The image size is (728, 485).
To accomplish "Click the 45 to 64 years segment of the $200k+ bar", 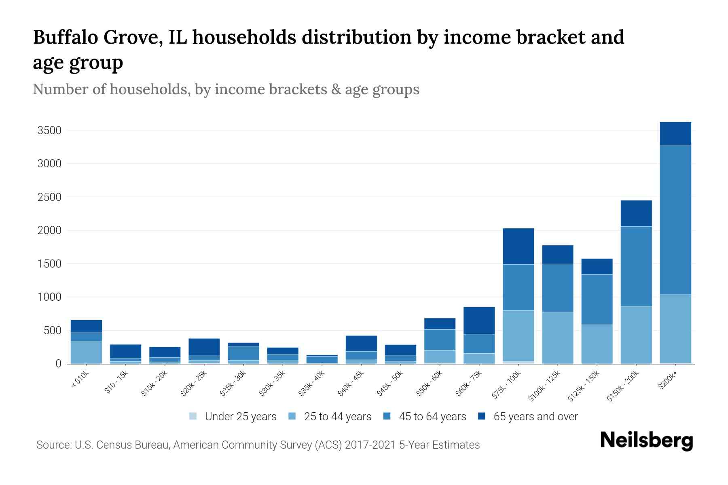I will point(675,219).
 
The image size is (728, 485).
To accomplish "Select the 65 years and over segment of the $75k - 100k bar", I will point(518,246).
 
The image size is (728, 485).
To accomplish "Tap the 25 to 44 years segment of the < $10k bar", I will point(86,352).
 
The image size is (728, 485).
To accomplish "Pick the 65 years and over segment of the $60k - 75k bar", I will point(479,321).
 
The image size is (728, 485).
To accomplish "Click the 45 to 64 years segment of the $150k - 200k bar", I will point(636,266).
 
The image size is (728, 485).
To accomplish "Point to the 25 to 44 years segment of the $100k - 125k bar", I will point(557,337).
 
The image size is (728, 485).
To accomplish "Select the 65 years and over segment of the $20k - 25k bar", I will point(204,347).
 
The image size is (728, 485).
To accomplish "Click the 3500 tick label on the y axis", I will point(49,131).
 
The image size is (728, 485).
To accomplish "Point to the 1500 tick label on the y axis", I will point(49,264).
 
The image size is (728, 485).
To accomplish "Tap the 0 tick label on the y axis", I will point(58,364).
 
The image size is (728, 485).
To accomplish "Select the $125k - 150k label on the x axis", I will point(584,386).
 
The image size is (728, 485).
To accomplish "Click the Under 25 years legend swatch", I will point(193,416).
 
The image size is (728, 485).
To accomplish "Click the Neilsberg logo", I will point(646,441).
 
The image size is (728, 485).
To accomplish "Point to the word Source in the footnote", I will point(53,445).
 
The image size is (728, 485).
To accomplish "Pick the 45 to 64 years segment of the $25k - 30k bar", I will point(243,353).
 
